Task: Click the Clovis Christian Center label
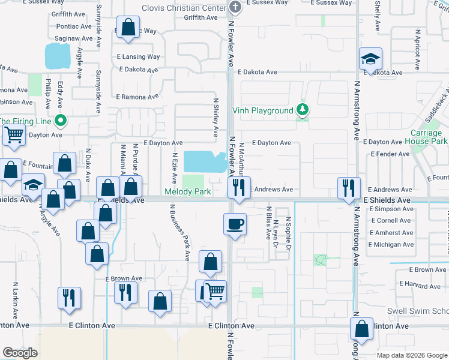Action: (183, 8)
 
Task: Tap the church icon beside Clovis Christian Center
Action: (235, 7)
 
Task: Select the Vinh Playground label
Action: (263, 111)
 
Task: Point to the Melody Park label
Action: (188, 192)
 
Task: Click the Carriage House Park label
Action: (429, 137)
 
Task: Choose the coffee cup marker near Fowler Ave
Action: (234, 224)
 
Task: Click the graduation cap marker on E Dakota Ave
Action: (371, 59)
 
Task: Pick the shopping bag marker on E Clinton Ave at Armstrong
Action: (361, 328)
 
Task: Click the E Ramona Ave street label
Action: (137, 97)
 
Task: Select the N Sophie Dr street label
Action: (288, 235)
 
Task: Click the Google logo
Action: (20, 353)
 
